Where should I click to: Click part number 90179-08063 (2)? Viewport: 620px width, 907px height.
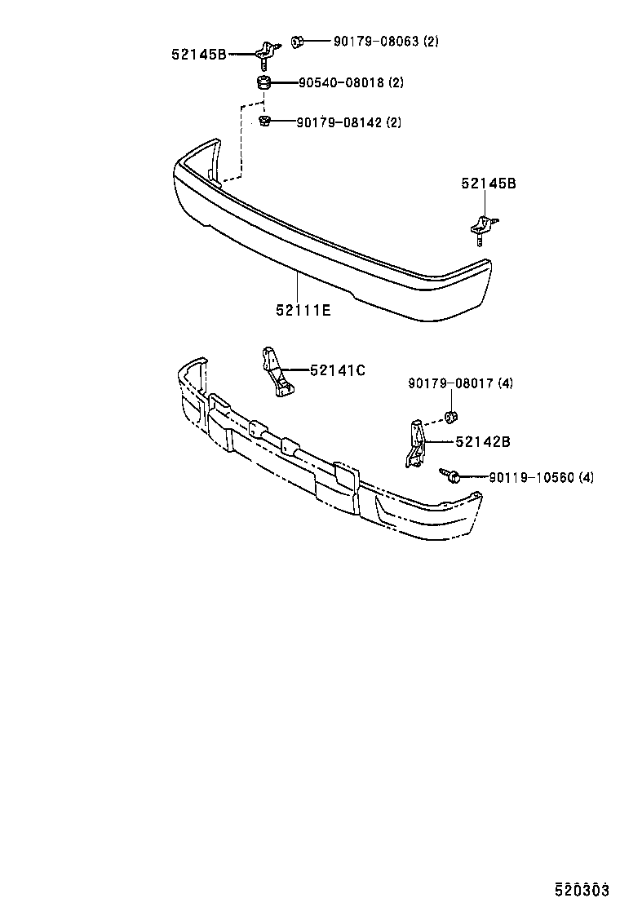(385, 41)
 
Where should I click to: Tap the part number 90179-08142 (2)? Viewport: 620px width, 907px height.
(348, 122)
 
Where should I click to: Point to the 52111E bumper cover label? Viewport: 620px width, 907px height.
(303, 310)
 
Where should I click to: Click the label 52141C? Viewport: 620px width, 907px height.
(338, 370)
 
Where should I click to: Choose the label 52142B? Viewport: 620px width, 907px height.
(483, 441)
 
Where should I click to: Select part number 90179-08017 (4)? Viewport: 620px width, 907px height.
(460, 383)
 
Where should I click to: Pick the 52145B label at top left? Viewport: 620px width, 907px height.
(199, 55)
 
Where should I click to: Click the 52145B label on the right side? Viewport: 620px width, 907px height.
(488, 184)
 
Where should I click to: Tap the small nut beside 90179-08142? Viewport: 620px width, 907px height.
(264, 122)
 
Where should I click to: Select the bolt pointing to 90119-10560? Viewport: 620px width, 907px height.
(449, 474)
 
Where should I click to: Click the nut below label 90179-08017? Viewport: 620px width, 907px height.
(449, 419)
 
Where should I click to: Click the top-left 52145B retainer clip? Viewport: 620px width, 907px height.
(265, 53)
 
